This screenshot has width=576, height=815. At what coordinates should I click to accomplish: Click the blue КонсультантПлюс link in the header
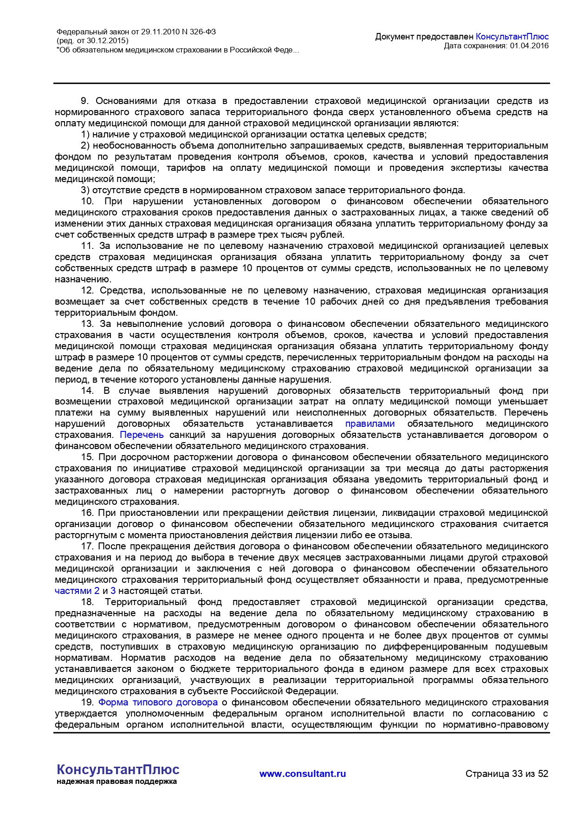pyautogui.click(x=512, y=37)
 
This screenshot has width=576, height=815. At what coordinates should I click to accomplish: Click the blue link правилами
pyautogui.click(x=370, y=424)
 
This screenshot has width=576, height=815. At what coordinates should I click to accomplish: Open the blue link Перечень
pyautogui.click(x=142, y=435)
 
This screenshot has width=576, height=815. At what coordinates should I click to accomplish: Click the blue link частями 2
pyautogui.click(x=77, y=591)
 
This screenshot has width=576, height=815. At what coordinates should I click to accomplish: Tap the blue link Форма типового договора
pyautogui.click(x=158, y=703)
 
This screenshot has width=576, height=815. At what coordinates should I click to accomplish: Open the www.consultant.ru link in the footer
pyautogui.click(x=303, y=774)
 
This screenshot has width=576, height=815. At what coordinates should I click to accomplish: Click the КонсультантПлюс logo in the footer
pyautogui.click(x=118, y=770)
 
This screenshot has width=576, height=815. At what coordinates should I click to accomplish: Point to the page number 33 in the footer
pyautogui.click(x=517, y=774)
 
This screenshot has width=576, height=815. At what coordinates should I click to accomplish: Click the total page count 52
pyautogui.click(x=543, y=774)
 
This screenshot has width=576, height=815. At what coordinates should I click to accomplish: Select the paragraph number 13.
pyautogui.click(x=87, y=324)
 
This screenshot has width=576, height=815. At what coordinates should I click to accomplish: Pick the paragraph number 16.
pyautogui.click(x=87, y=513)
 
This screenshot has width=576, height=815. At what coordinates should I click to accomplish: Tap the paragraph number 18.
pyautogui.click(x=87, y=602)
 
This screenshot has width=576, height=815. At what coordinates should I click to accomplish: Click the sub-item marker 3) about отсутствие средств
pyautogui.click(x=85, y=190)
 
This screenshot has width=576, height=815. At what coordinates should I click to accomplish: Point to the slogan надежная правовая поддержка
pyautogui.click(x=117, y=782)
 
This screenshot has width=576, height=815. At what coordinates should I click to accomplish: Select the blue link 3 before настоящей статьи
pyautogui.click(x=113, y=591)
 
